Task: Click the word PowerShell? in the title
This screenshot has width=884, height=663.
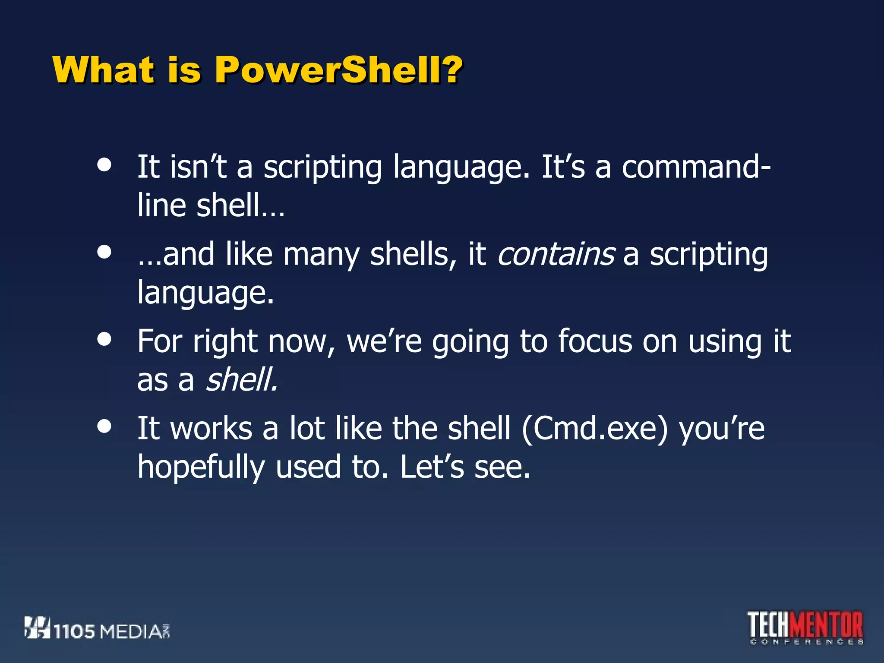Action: pos(338,70)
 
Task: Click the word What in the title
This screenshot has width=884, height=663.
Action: pos(103,70)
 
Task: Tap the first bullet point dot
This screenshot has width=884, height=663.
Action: pos(104,164)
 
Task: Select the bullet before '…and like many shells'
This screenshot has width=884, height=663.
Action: pos(104,252)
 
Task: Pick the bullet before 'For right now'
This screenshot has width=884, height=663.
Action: pos(104,339)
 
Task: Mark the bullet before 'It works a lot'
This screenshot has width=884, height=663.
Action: pos(104,426)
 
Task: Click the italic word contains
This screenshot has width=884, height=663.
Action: pos(556,254)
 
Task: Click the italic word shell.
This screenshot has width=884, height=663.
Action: pos(242,380)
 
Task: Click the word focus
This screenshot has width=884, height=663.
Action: pos(595,341)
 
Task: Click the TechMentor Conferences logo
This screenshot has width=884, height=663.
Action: pos(805,627)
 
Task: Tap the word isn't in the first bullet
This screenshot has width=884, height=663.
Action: pos(198,167)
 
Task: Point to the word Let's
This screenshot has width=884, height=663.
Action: pos(432,467)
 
